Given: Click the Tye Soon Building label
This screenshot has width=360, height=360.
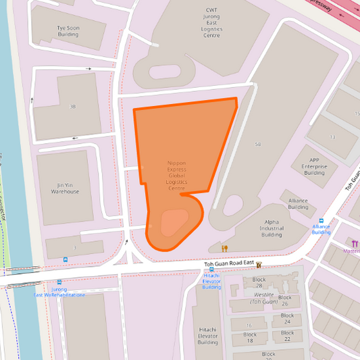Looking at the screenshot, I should [68, 31].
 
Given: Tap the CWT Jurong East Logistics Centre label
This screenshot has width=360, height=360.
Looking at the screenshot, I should [211, 23].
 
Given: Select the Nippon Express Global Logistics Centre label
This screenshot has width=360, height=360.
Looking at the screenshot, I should [177, 176].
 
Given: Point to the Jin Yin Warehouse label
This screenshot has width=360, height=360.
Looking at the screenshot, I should [66, 188].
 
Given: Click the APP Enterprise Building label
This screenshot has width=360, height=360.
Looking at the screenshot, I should [314, 165].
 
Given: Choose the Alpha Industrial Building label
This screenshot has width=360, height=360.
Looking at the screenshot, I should [272, 228].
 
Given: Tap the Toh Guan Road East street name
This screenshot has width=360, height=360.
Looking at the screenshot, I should [228, 263].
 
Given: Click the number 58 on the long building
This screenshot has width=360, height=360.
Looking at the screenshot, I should [258, 145].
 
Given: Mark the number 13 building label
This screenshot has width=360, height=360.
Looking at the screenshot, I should [332, 137].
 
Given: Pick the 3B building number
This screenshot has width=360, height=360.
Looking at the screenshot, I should [72, 107].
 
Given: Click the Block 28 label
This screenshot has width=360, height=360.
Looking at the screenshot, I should [259, 282].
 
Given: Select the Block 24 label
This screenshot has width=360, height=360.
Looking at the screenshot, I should [287, 319].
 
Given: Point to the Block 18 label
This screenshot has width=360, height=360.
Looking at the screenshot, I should [250, 337].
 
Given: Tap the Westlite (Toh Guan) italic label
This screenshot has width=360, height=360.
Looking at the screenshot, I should [263, 298].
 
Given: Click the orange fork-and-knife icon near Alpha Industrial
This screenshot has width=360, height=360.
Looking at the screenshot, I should [225, 249].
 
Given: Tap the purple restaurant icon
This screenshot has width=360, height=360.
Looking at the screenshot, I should [355, 243].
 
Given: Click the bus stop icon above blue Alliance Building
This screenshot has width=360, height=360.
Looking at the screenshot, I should [322, 220].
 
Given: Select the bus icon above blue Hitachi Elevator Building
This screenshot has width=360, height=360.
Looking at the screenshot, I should [211, 269].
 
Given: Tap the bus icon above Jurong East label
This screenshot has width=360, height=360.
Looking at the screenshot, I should [59, 283].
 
